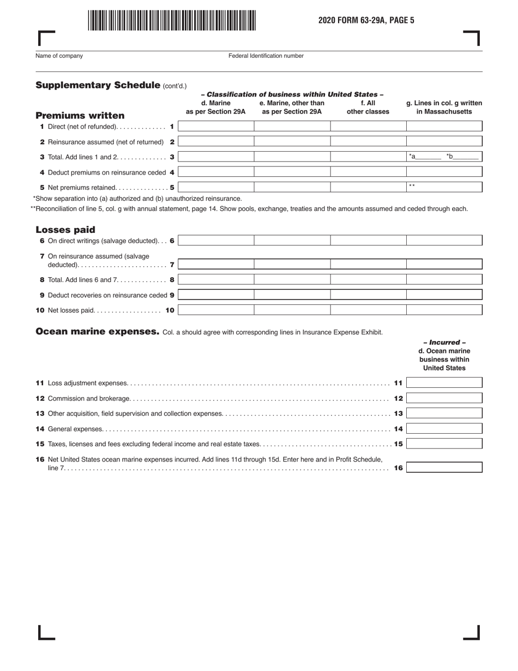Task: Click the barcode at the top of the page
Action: click(171, 20)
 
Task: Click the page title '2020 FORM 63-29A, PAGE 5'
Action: click(366, 20)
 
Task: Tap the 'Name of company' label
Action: click(59, 56)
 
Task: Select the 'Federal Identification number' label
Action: click(266, 56)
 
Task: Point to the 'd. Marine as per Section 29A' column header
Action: click(216, 107)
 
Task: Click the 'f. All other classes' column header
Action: click(368, 107)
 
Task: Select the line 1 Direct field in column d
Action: click(216, 127)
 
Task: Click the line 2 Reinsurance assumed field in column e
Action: click(292, 141)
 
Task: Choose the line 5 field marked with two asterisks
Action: click(444, 187)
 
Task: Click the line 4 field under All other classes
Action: click(368, 172)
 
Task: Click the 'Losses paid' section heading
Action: click(65, 230)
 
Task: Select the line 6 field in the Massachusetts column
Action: click(444, 241)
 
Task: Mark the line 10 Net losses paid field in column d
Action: click(216, 310)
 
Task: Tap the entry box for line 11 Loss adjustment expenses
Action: click(444, 383)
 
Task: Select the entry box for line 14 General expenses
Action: click(444, 429)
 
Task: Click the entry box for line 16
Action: click(444, 468)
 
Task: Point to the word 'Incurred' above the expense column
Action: click(444, 343)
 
